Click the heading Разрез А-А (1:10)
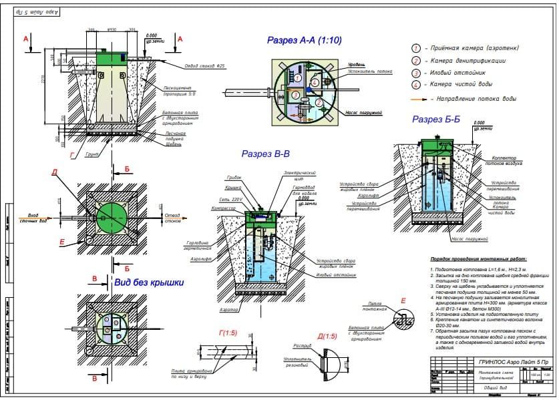305,41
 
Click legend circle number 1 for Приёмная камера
415,48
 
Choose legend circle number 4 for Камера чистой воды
415,85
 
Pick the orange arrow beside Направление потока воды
419,99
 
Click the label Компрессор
228,208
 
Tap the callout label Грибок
234,178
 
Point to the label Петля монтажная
375,307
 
